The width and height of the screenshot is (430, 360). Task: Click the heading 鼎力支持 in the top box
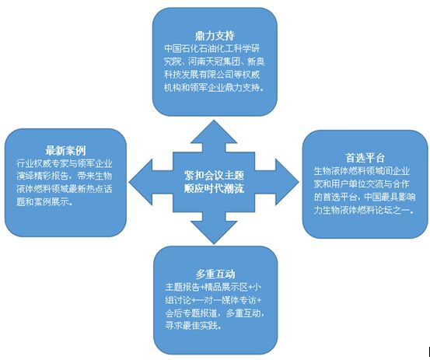215,36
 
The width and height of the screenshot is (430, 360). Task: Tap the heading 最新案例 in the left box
65,151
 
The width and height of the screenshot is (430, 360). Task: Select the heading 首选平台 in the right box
365,158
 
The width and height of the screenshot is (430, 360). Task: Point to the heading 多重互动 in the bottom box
215,274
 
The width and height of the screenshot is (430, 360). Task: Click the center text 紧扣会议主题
214,175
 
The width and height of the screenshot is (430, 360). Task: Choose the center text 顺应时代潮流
214,189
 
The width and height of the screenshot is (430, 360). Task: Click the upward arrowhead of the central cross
214,132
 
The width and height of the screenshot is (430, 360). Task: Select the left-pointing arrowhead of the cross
141,182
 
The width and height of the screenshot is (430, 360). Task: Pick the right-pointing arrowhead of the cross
287,182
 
